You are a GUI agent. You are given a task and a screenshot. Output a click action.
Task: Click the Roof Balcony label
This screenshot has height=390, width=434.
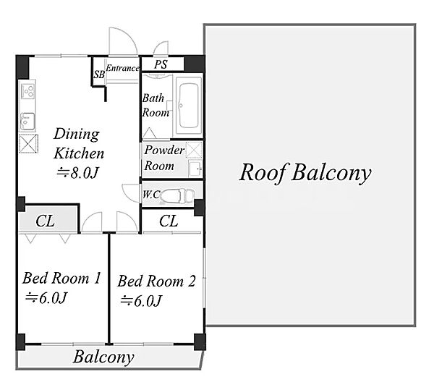(x=305, y=173)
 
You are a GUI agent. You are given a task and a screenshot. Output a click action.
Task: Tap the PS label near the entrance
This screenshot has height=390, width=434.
(x=161, y=64)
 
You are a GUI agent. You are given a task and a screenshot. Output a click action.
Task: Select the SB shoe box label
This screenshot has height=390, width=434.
(x=99, y=75)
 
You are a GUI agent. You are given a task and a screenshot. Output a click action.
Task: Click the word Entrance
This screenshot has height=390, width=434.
(x=122, y=68)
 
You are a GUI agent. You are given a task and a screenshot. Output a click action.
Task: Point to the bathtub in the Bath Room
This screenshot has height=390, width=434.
(x=189, y=106)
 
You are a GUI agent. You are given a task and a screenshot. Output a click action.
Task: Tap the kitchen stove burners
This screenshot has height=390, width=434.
(x=28, y=90)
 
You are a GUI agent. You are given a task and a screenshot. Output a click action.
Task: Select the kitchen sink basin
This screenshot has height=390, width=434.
(x=27, y=121)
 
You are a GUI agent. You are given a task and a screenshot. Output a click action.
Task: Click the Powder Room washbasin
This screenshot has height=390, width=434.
(x=195, y=168)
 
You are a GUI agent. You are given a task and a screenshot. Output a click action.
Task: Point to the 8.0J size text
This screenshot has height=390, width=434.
(x=78, y=173)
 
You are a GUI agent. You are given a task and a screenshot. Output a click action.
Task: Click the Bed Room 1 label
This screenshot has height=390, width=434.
(x=61, y=278)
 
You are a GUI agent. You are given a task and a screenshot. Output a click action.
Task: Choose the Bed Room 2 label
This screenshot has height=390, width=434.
(x=157, y=281)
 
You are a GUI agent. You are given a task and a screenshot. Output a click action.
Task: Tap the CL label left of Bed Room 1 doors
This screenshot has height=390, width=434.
(x=45, y=221)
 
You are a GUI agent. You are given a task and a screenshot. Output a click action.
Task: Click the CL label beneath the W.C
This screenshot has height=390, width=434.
(x=169, y=221)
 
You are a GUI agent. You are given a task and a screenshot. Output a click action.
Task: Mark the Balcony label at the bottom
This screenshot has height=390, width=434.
(x=103, y=357)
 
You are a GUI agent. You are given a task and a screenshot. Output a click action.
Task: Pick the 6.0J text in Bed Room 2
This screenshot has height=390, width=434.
(x=141, y=300)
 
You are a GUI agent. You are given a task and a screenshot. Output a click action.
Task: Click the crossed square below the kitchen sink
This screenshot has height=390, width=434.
(x=28, y=144)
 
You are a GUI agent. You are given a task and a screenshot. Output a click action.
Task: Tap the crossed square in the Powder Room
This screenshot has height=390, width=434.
(x=194, y=150)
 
